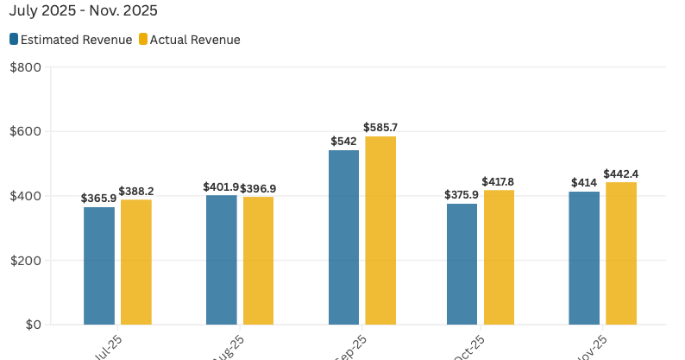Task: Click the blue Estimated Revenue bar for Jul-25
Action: tap(99, 266)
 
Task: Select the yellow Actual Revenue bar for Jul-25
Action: tap(135, 262)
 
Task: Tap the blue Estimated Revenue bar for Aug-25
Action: tap(221, 260)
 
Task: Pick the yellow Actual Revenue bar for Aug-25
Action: tap(258, 261)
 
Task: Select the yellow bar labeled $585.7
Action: tap(380, 231)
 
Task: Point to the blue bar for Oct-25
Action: tap(462, 264)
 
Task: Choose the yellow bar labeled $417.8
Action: tap(499, 257)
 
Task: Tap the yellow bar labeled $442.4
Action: tap(621, 254)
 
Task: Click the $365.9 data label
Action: tap(98, 198)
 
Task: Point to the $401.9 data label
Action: tap(220, 186)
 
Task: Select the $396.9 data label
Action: tap(259, 187)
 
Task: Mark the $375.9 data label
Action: tap(461, 194)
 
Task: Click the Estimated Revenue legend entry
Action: tap(72, 40)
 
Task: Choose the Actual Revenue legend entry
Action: tap(189, 40)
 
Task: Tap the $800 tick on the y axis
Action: tap(25, 67)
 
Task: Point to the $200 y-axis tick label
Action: tap(25, 261)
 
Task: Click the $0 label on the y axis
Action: tap(32, 325)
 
